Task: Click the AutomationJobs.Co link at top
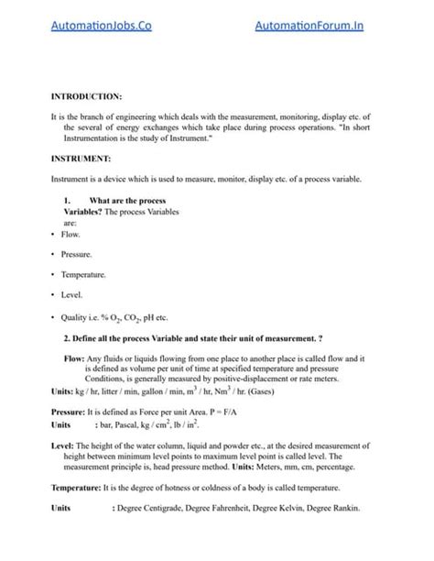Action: pos(101,27)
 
